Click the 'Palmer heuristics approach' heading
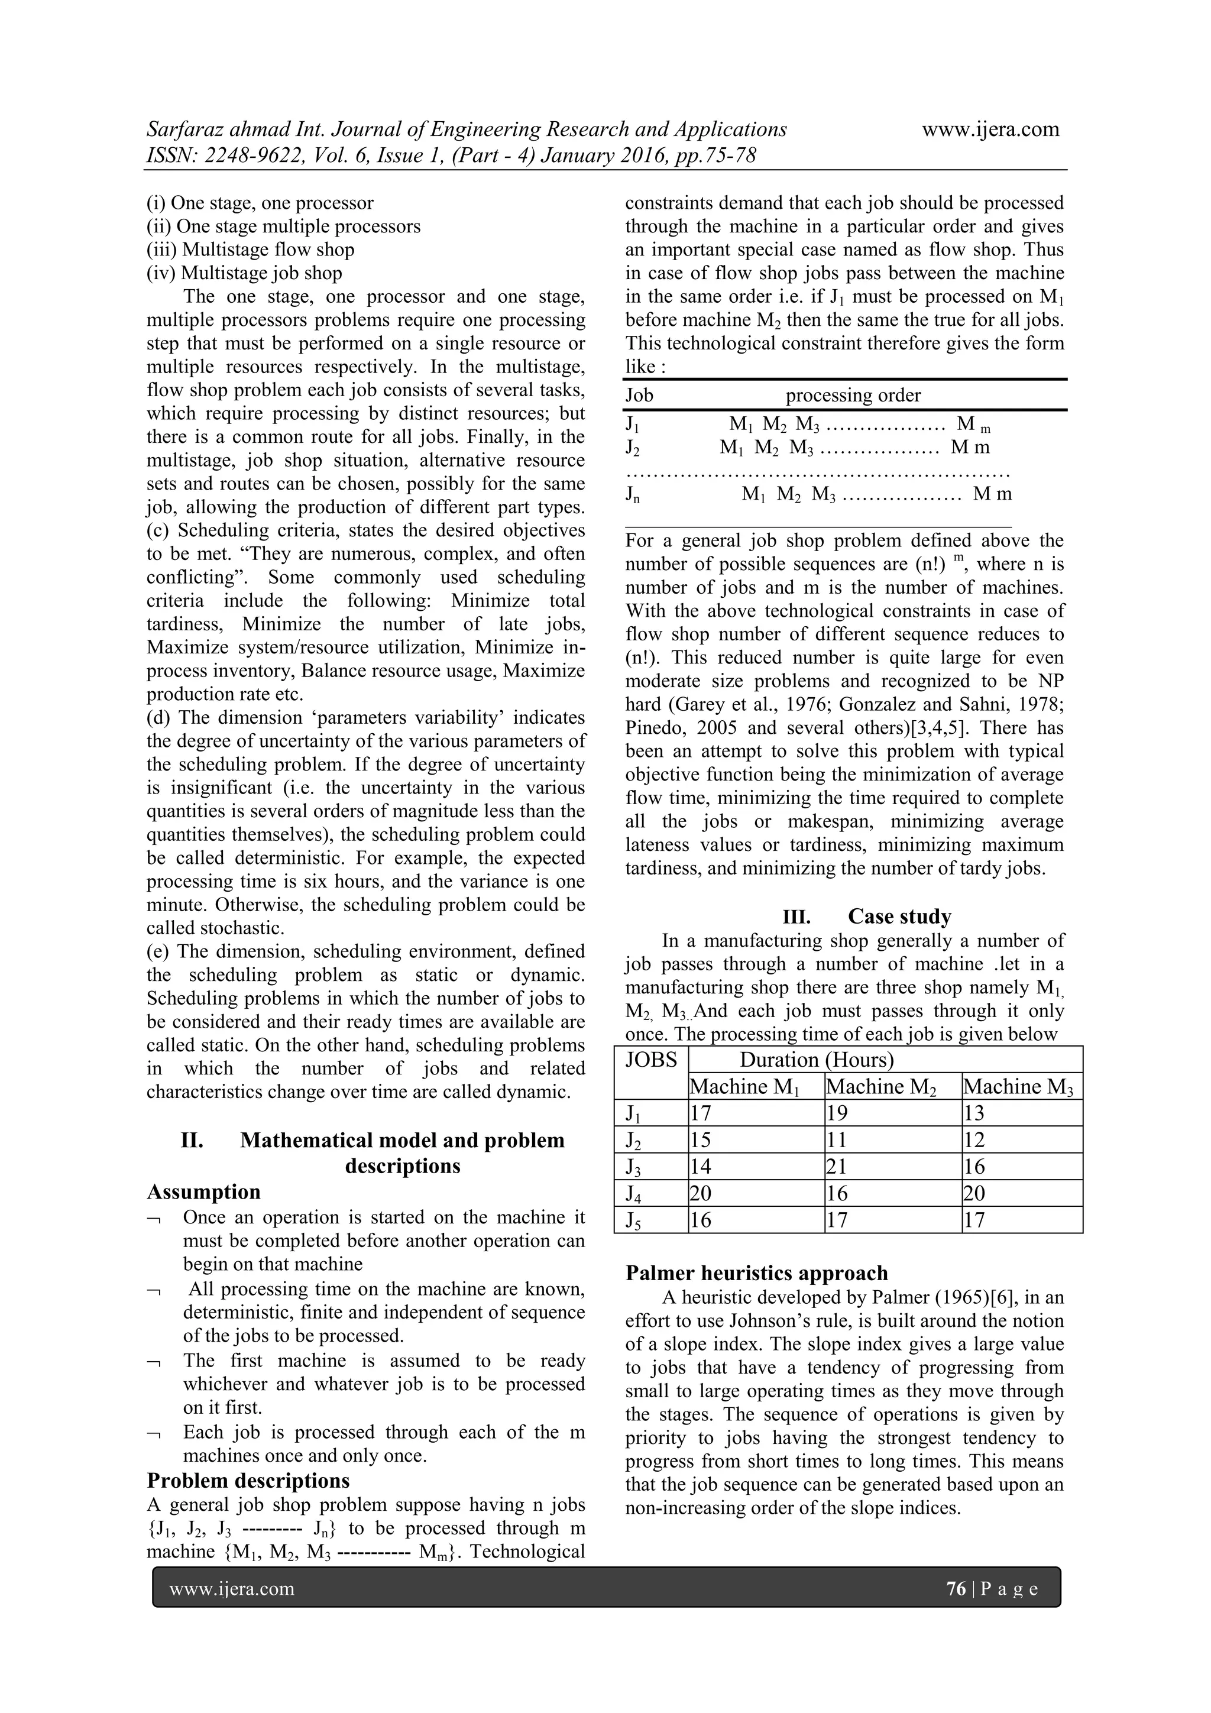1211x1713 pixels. (757, 1273)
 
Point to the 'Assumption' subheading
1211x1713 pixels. (203, 1191)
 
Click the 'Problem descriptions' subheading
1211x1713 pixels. (248, 1479)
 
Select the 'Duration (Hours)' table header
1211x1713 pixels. (816, 1060)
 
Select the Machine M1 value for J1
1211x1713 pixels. (701, 1113)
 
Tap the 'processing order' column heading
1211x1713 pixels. (853, 396)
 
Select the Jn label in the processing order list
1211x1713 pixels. (632, 495)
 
